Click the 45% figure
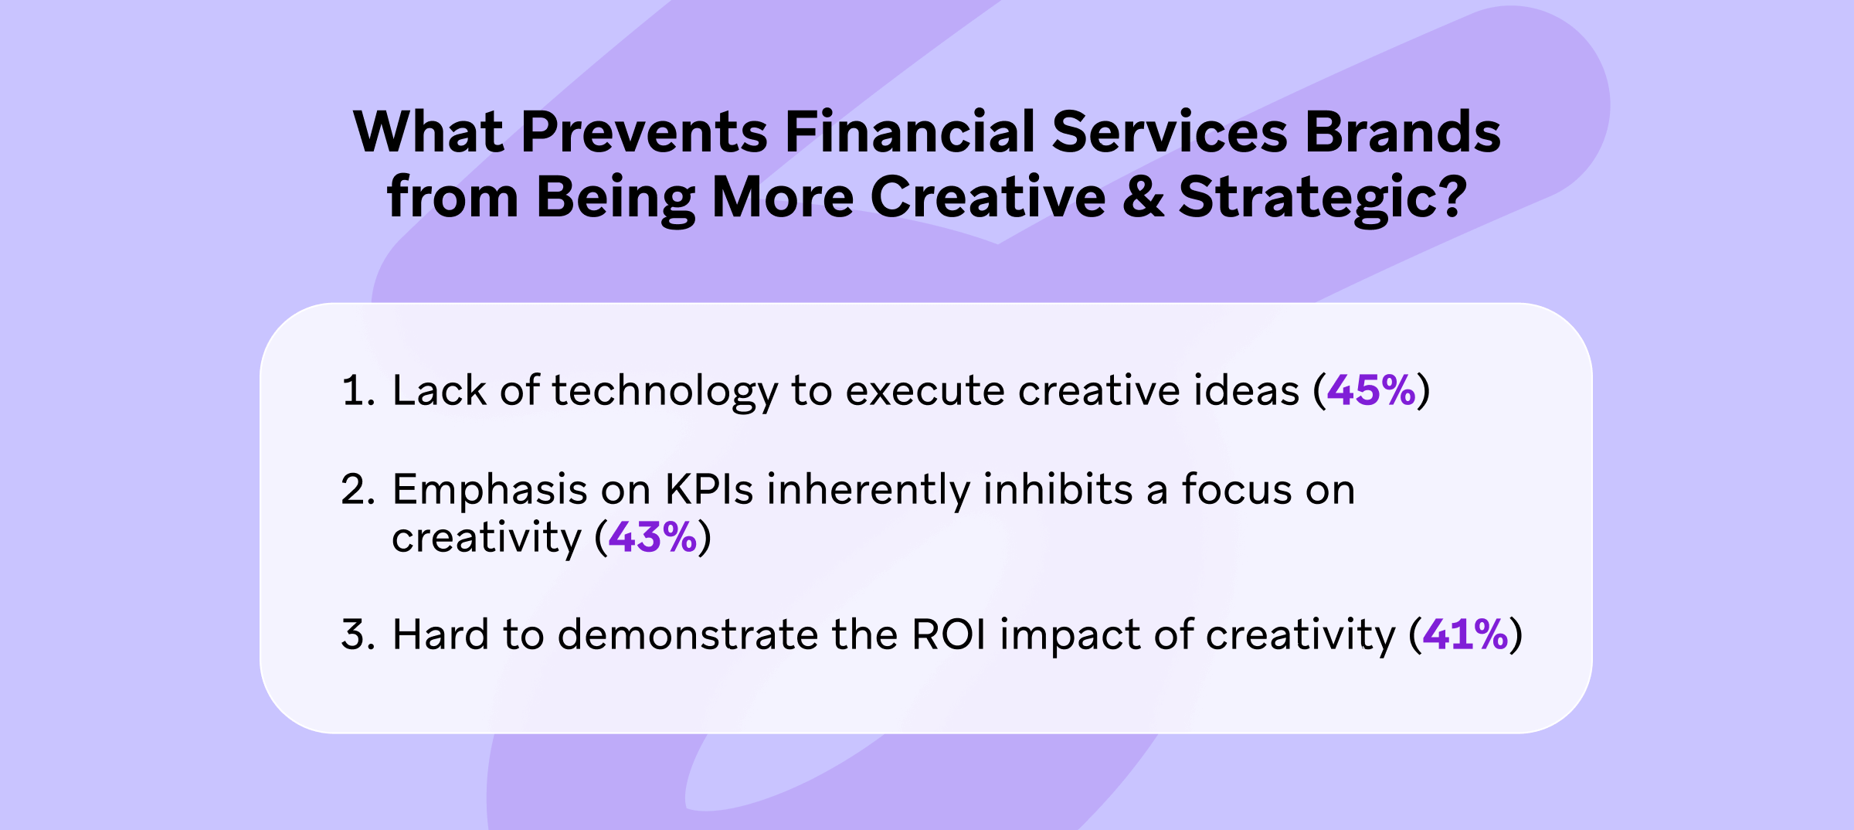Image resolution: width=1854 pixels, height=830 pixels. coord(1371,390)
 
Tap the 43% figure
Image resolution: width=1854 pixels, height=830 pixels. coord(653,537)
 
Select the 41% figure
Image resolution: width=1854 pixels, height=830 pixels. coord(1465,634)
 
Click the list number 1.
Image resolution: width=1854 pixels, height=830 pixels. coord(357,390)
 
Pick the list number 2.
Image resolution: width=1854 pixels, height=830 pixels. coord(357,489)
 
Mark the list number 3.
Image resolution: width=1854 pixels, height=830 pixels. coord(357,634)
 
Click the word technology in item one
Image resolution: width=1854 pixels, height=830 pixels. coord(664,390)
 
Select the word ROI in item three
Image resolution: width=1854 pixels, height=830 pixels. coord(949,634)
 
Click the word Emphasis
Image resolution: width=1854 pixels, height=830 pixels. coord(490,489)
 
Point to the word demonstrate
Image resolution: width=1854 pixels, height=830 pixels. coord(688,634)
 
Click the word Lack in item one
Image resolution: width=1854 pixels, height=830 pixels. coord(439,390)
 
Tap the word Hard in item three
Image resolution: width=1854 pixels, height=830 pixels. coord(440,634)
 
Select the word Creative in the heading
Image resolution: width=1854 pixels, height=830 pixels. coord(987,197)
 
